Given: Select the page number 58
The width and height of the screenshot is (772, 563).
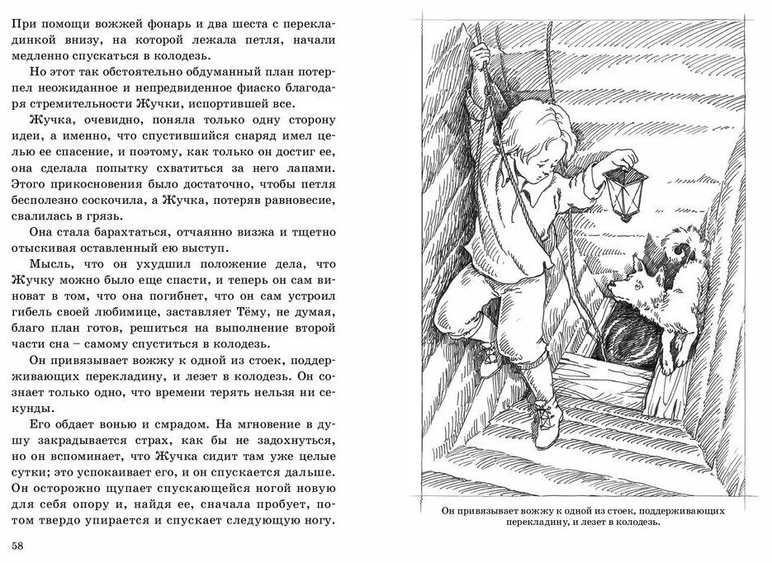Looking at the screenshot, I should tap(19, 546).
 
